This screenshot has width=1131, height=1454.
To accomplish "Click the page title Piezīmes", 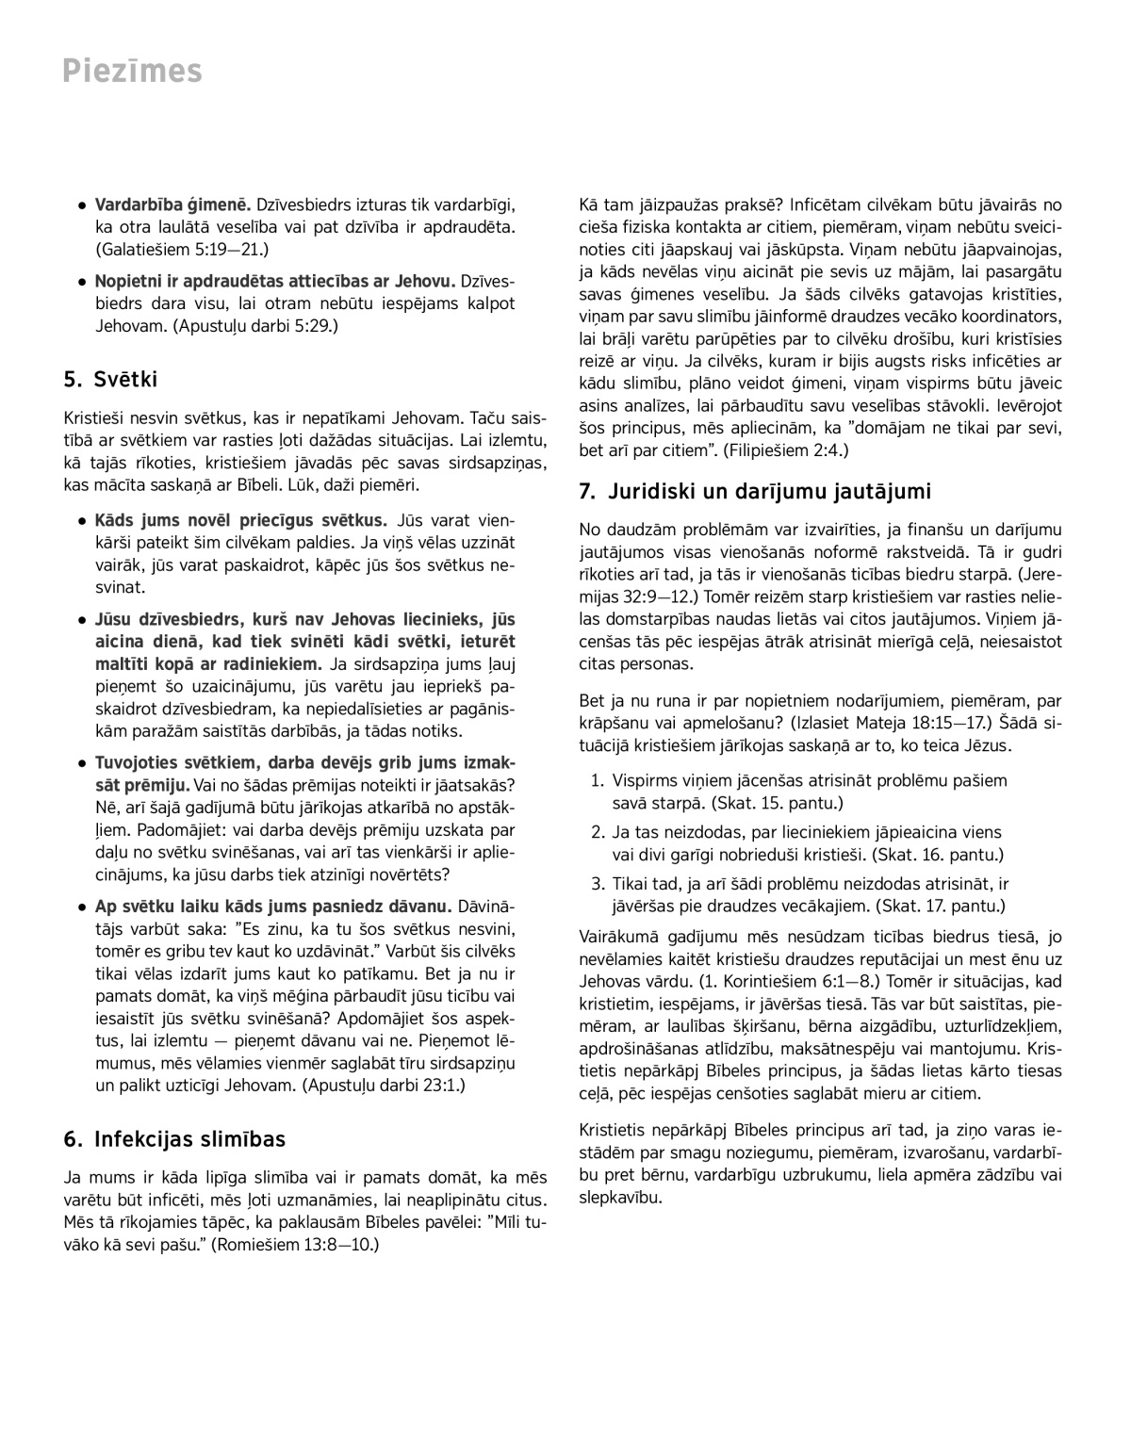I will (x=132, y=71).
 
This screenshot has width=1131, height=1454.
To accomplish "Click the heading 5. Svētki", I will (x=110, y=380).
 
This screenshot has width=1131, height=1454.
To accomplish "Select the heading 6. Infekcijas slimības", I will (x=174, y=1139).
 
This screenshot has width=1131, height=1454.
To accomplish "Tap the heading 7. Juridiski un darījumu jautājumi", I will (x=755, y=491).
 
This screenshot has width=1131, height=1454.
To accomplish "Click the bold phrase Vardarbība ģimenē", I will (x=172, y=204).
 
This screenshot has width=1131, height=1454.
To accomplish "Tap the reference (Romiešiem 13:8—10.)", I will (x=295, y=1245).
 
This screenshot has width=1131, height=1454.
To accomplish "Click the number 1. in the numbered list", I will (x=598, y=780).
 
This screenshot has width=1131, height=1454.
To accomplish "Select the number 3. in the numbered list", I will (x=598, y=884).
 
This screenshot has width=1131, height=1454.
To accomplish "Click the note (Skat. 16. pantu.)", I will (x=938, y=855).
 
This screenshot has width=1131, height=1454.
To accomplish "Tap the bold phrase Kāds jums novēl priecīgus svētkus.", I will (x=241, y=520).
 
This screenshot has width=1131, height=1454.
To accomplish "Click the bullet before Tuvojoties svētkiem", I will (x=83, y=763).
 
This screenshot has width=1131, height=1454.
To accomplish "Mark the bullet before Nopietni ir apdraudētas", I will (x=83, y=281).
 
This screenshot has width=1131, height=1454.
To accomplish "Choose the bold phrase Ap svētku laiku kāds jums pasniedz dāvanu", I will (x=273, y=907).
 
